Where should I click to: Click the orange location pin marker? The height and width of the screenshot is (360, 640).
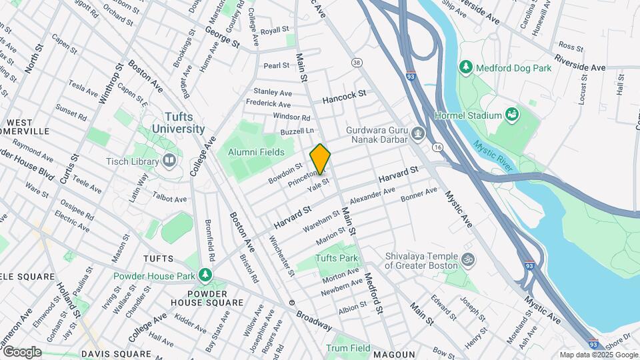pyautogui.click(x=320, y=159)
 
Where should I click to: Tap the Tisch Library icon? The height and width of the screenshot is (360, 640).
pyautogui.click(x=169, y=160)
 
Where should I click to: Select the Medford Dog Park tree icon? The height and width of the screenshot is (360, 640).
pyautogui.click(x=465, y=67)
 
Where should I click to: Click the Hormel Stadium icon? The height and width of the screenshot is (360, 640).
pyautogui.click(x=512, y=115)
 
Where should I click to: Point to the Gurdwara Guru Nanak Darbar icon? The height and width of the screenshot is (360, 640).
pyautogui.click(x=417, y=134)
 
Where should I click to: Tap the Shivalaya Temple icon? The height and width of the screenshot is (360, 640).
pyautogui.click(x=468, y=257)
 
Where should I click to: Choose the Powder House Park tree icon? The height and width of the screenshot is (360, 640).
pyautogui.click(x=206, y=275)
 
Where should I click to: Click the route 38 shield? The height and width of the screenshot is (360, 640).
pyautogui.click(x=357, y=62)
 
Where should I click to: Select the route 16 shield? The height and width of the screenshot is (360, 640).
pyautogui.click(x=437, y=147)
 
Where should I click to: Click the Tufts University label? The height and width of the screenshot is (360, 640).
pyautogui.click(x=177, y=123)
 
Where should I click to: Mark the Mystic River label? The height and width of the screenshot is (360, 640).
pyautogui.click(x=493, y=155)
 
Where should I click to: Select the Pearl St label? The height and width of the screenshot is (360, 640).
pyautogui.click(x=276, y=65)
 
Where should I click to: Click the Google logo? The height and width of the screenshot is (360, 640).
pyautogui.click(x=22, y=352)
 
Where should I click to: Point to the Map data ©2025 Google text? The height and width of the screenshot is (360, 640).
pyautogui.click(x=598, y=355)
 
